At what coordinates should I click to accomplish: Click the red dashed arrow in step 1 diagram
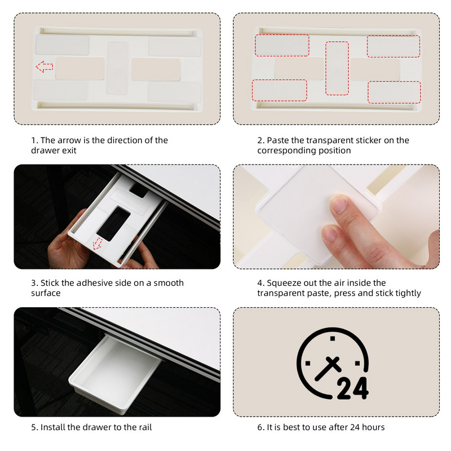45,67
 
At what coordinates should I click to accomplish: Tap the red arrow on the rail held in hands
98,244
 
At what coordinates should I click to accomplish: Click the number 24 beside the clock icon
352,388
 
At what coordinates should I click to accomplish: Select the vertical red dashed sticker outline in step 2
337,68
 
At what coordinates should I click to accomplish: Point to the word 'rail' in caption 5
145,427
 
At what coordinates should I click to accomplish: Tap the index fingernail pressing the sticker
339,204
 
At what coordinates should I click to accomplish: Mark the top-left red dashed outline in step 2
282,45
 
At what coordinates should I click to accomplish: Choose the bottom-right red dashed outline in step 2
394,92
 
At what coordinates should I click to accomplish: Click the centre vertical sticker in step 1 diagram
117,68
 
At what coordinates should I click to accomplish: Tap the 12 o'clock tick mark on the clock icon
333,338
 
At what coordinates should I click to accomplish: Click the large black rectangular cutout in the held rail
113,223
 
